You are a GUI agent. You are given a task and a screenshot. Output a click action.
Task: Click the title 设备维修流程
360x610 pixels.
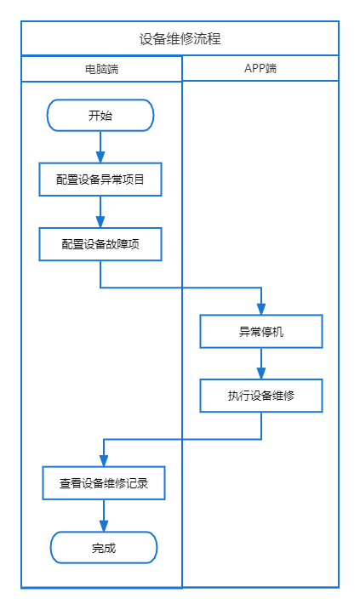(180, 39)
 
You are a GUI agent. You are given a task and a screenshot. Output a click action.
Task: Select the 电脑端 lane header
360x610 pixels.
(101, 69)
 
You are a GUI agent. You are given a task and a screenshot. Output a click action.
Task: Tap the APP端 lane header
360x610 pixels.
(260, 68)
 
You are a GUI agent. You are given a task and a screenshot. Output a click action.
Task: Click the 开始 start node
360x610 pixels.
(100, 115)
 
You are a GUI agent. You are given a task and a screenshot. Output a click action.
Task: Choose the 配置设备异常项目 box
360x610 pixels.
(100, 180)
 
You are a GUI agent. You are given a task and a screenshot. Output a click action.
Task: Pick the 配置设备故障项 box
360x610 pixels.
(100, 244)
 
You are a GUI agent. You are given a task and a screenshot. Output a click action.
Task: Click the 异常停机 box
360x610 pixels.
(261, 332)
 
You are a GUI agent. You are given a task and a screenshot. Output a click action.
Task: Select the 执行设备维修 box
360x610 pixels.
(261, 396)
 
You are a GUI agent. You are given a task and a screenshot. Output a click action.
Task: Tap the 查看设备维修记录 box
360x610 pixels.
(104, 483)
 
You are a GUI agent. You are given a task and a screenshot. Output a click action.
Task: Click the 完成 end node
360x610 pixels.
(104, 548)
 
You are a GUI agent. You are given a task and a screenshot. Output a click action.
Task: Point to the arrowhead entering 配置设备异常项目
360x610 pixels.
(100, 157)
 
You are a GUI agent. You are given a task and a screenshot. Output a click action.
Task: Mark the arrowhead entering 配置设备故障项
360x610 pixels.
(100, 222)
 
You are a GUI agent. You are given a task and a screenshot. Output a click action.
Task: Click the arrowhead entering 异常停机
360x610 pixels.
(261, 309)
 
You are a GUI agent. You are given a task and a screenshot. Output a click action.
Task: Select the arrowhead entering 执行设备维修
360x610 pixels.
(261, 373)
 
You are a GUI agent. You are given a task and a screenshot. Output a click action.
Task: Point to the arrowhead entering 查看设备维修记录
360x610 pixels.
(104, 460)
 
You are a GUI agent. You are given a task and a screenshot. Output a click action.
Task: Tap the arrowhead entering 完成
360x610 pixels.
(104, 526)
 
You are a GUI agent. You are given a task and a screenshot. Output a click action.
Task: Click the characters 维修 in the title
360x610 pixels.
(180, 39)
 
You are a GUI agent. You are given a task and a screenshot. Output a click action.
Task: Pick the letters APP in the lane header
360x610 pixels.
(254, 68)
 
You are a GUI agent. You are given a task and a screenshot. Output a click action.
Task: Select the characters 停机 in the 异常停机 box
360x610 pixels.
(272, 332)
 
